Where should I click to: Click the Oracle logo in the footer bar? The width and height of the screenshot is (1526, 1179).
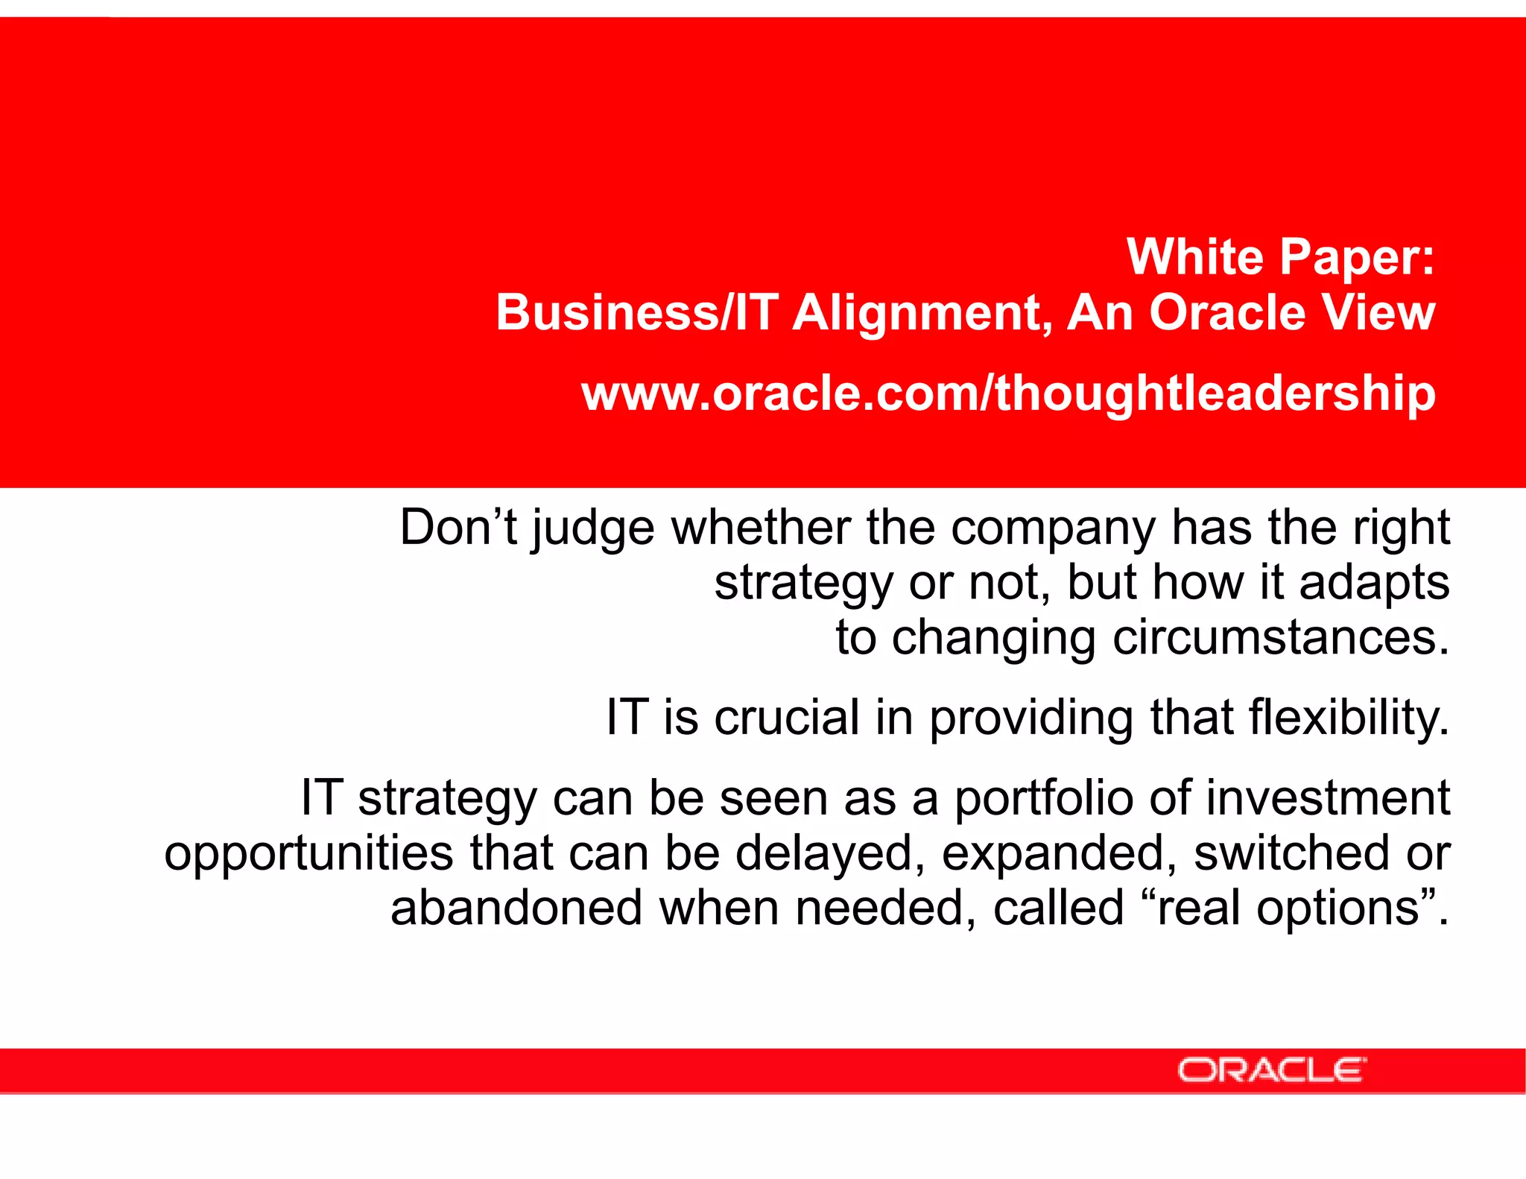tap(1271, 1070)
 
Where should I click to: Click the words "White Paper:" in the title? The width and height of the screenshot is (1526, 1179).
tap(1280, 257)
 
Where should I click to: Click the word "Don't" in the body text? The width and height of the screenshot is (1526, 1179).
tap(458, 528)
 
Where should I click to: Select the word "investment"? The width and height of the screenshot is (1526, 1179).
tap(1328, 797)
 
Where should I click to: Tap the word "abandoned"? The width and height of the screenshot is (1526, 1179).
tap(516, 908)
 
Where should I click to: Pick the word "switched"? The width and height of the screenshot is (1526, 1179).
tap(1291, 853)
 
